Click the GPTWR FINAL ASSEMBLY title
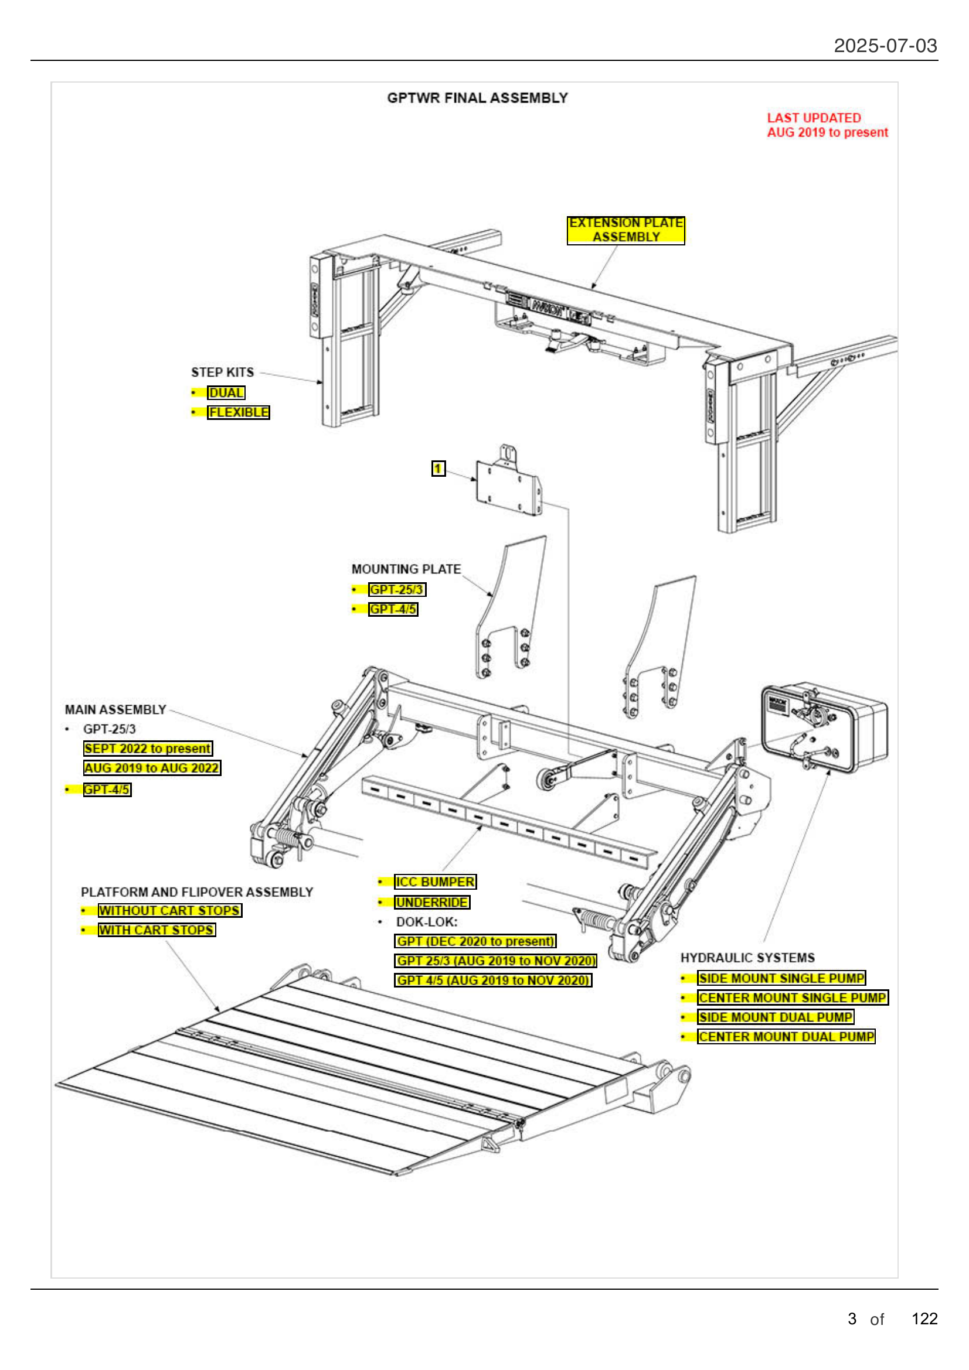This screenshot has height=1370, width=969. pyautogui.click(x=477, y=98)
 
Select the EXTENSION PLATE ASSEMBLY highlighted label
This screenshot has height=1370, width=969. pyautogui.click(x=625, y=230)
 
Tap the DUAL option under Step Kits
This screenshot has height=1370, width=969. pyautogui.click(x=226, y=392)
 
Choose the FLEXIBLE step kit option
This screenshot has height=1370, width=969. pyautogui.click(x=238, y=412)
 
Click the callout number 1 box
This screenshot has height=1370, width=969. pyautogui.click(x=438, y=469)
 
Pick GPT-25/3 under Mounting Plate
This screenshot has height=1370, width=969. pyautogui.click(x=396, y=590)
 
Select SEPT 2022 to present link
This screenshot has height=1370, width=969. pyautogui.click(x=148, y=748)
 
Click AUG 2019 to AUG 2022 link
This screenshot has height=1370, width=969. pyautogui.click(x=152, y=768)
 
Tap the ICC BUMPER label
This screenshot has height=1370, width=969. pyautogui.click(x=434, y=882)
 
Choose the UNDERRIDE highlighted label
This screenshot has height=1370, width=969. pyautogui.click(x=431, y=902)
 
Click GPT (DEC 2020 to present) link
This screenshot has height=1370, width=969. pyautogui.click(x=475, y=941)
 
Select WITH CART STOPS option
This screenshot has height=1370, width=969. pyautogui.click(x=157, y=930)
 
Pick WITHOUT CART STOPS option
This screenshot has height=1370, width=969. pyautogui.click(x=169, y=911)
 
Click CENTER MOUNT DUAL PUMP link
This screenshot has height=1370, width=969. pyautogui.click(x=786, y=1037)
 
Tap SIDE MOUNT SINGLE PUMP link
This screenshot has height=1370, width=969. pyautogui.click(x=781, y=978)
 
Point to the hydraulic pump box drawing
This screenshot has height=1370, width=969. pyautogui.click(x=824, y=728)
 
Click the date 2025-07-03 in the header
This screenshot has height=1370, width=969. pyautogui.click(x=885, y=46)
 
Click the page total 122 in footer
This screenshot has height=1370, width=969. pyautogui.click(x=924, y=1318)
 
